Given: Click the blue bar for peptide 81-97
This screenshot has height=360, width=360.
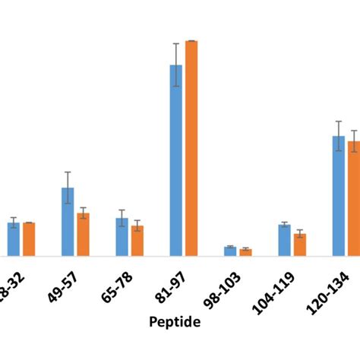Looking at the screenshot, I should tap(175, 161).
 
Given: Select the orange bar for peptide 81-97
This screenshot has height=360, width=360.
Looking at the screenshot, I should tap(191, 148).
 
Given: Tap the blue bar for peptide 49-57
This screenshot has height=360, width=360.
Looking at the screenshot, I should tap(68, 222).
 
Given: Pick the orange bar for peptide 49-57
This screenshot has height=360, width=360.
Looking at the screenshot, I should tap(83, 235).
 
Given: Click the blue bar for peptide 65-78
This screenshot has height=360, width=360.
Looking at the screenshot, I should tap(122, 237).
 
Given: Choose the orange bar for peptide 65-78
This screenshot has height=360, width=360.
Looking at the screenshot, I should tap(137, 241).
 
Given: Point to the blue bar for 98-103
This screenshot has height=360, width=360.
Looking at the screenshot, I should tap(230, 251).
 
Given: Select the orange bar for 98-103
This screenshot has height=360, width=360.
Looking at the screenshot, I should tap(245, 253).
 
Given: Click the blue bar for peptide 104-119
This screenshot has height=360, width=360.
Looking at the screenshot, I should tap(284, 240).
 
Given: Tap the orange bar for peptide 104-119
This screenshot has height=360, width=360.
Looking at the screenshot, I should tap(300, 245).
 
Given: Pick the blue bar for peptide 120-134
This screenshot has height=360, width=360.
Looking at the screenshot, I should tap(339, 196).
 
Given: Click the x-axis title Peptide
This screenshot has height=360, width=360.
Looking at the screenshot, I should tap(175, 322).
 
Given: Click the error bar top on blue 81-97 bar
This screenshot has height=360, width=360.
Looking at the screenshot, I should tap(175, 43).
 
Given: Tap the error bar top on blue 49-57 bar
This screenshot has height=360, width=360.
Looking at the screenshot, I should tap(68, 172).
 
